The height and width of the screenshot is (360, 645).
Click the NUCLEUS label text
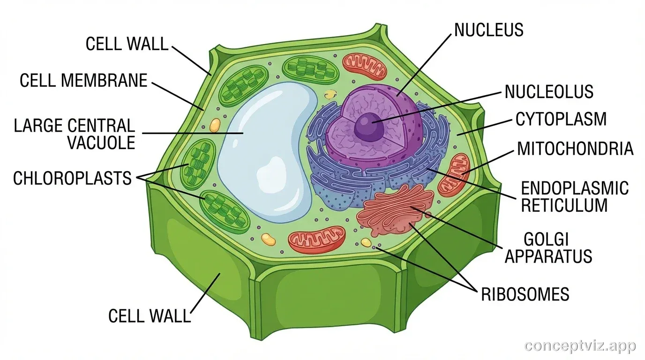pyautogui.click(x=489, y=30)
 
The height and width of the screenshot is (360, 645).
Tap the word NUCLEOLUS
pyautogui.click(x=549, y=91)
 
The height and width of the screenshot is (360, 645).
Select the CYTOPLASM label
pyautogui.click(x=561, y=119)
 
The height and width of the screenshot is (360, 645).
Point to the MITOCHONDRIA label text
pyautogui.click(x=575, y=149)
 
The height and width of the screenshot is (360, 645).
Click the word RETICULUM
pyautogui.click(x=564, y=205)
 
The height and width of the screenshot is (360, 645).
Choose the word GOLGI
pyautogui.click(x=546, y=240)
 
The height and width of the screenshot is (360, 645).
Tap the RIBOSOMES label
pyautogui.click(x=525, y=294)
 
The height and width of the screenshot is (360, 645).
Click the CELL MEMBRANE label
pyautogui.click(x=83, y=81)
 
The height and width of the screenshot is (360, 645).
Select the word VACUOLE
pyautogui.click(x=101, y=142)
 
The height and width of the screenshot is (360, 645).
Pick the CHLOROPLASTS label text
pyautogui.click(x=72, y=179)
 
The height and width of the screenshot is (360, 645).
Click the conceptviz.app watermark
pyautogui.click(x=580, y=346)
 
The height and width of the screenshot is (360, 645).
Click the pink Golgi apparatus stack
pyautogui.click(x=396, y=211)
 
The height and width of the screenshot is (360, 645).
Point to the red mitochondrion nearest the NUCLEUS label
pyautogui.click(x=364, y=66)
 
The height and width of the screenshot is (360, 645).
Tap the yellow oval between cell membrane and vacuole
pyautogui.click(x=215, y=125)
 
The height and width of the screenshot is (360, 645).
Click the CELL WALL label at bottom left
pyautogui.click(x=150, y=315)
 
